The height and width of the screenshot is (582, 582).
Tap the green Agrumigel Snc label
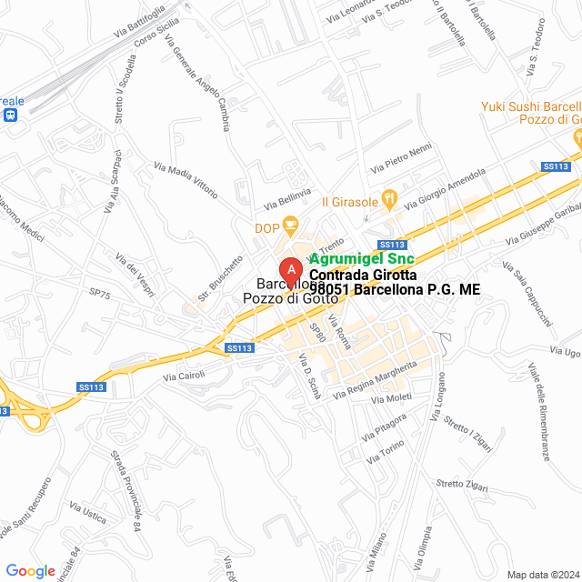click(362, 258)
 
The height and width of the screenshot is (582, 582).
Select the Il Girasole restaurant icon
click(389, 196)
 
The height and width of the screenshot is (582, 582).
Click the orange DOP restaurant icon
click(290, 225)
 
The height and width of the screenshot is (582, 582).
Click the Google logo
click(31, 570)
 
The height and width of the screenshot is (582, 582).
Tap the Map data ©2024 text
click(542, 574)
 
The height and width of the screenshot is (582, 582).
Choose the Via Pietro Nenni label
click(401, 159)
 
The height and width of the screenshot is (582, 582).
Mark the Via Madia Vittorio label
click(186, 180)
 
